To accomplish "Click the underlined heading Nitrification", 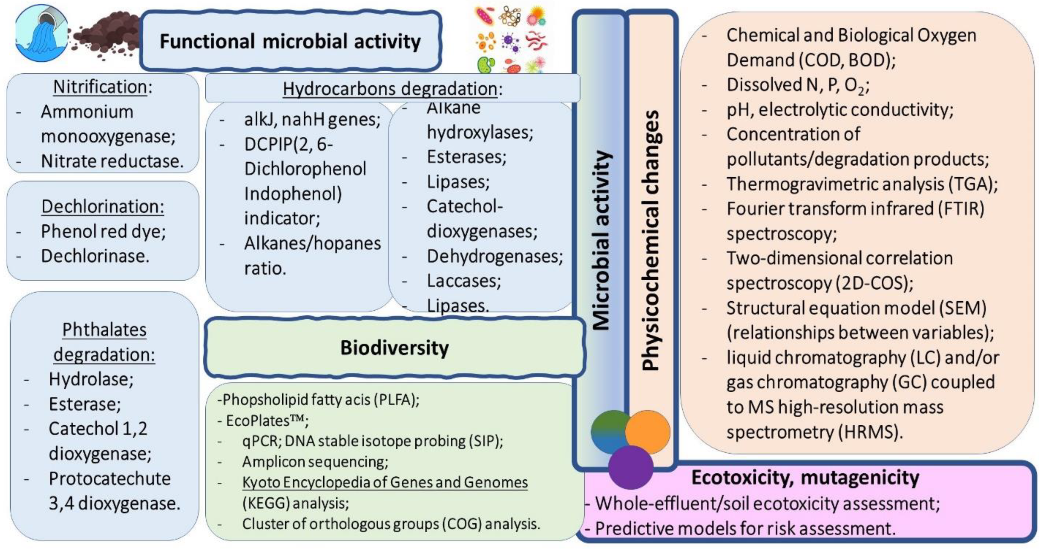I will [100, 87].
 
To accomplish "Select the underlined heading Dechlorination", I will [103, 206].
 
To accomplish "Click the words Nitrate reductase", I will [112, 161].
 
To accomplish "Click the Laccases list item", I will [463, 281].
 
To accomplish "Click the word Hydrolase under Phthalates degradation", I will [91, 379].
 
